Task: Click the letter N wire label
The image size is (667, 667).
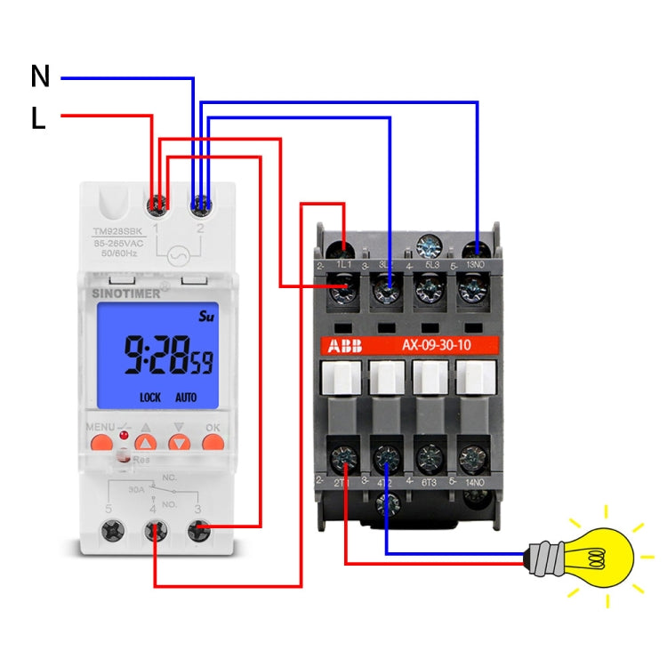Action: click(x=40, y=76)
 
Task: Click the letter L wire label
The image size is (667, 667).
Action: click(x=38, y=118)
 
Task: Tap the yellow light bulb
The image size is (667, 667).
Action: click(x=594, y=557)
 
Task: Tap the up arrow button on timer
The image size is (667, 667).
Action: click(x=147, y=441)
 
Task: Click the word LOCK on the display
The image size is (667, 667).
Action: click(x=150, y=398)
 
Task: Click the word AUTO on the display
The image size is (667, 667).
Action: click(x=186, y=398)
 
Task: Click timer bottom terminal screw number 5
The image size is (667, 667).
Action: click(x=113, y=532)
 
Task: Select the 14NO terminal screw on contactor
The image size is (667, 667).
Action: click(x=471, y=459)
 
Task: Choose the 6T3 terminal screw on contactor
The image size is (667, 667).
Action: click(x=429, y=459)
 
